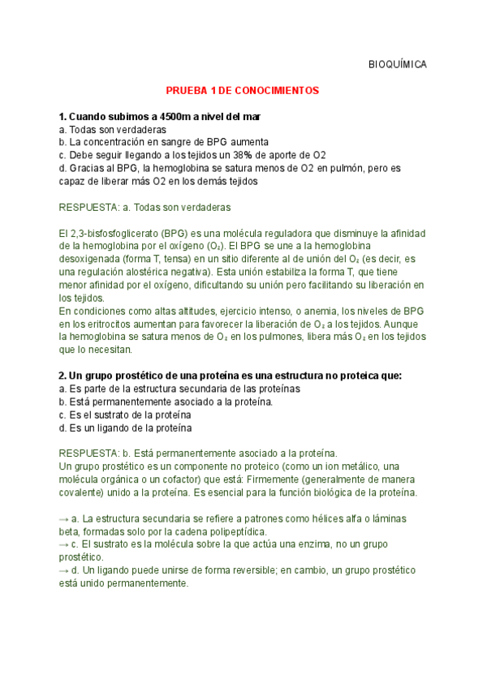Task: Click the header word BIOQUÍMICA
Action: [x=397, y=64]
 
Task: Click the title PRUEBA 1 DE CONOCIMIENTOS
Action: [x=243, y=91]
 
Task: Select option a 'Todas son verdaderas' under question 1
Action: [x=113, y=129]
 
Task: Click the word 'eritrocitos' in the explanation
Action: [x=100, y=324]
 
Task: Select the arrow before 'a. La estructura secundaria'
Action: [x=64, y=518]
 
